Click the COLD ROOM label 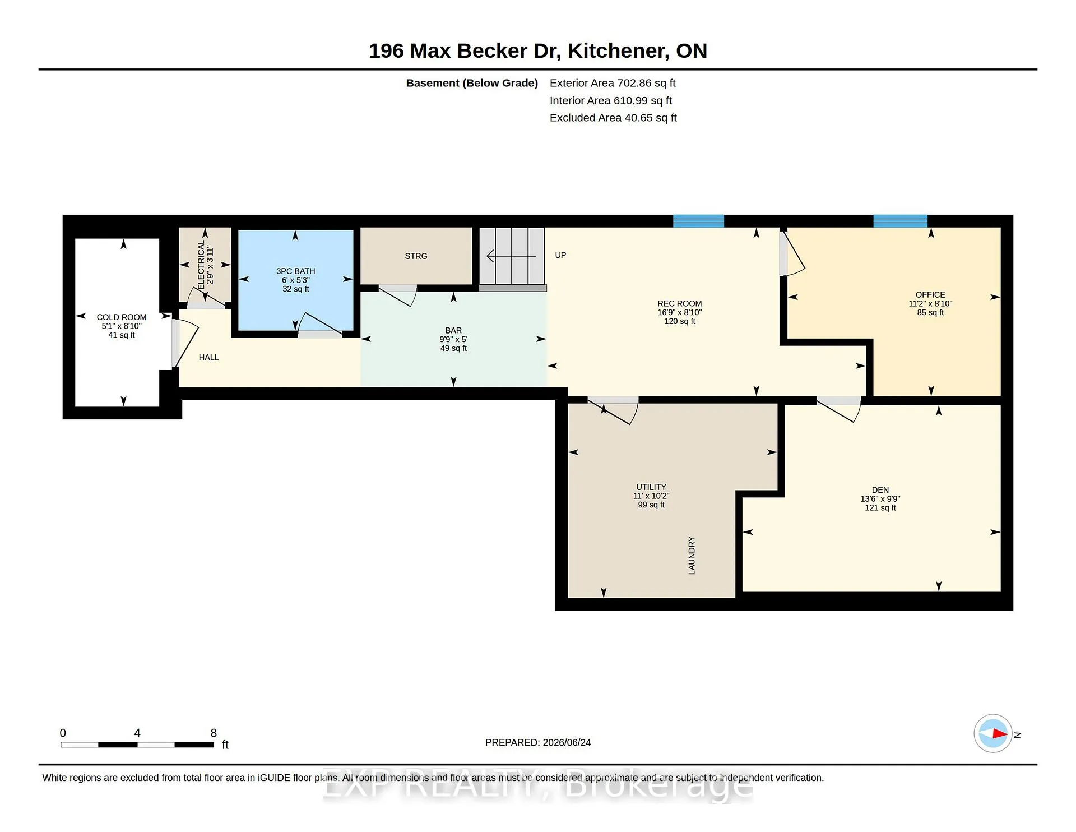122,317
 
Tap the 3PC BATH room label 296,271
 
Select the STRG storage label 416,256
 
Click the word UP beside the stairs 560,255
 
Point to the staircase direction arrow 511,256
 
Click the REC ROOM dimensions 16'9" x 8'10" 680,312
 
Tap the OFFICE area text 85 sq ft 930,312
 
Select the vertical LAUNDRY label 692,556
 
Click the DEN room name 880,490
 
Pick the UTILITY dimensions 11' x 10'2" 651,496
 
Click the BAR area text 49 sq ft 453,348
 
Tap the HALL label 208,358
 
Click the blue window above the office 900,221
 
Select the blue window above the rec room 698,221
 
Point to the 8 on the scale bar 214,733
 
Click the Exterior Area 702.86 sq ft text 613,83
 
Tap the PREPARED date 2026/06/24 567,742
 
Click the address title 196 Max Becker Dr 465,51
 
